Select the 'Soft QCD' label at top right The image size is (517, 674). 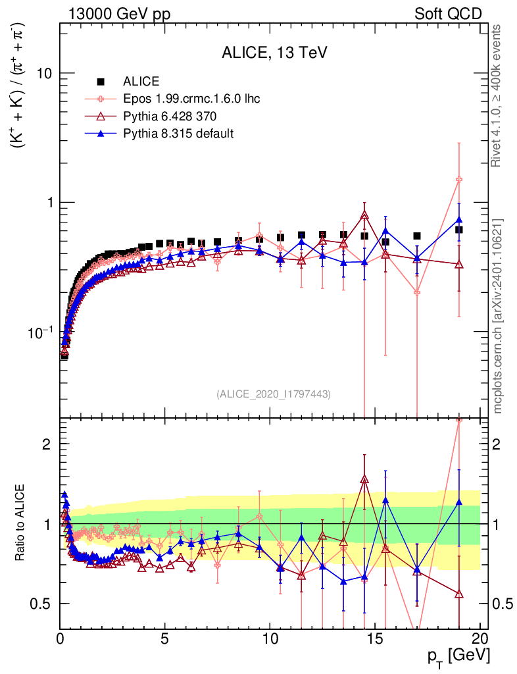pyautogui.click(x=449, y=14)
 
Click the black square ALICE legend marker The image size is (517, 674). pyautogui.click(x=101, y=82)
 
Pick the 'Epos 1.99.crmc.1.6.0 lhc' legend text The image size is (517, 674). pyautogui.click(x=191, y=99)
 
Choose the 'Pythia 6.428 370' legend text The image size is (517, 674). pyautogui.click(x=170, y=117)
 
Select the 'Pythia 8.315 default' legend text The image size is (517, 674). pyautogui.click(x=179, y=134)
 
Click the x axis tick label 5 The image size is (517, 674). pyautogui.click(x=165, y=638)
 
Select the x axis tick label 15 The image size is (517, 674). pyautogui.click(x=375, y=638)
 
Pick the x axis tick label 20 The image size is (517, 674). pyautogui.click(x=480, y=638)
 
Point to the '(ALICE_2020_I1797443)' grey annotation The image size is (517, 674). pyautogui.click(x=273, y=394)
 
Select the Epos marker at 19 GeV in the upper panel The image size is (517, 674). pyautogui.click(x=459, y=179)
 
